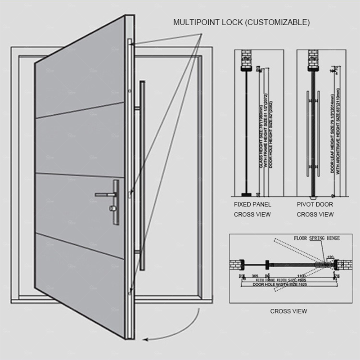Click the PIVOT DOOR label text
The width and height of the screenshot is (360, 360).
(x=315, y=204)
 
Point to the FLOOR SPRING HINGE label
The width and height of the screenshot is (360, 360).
(x=316, y=238)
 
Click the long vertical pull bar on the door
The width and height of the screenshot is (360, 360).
(x=143, y=175)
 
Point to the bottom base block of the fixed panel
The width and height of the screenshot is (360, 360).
(x=245, y=195)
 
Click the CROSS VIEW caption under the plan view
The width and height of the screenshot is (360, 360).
(x=288, y=311)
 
